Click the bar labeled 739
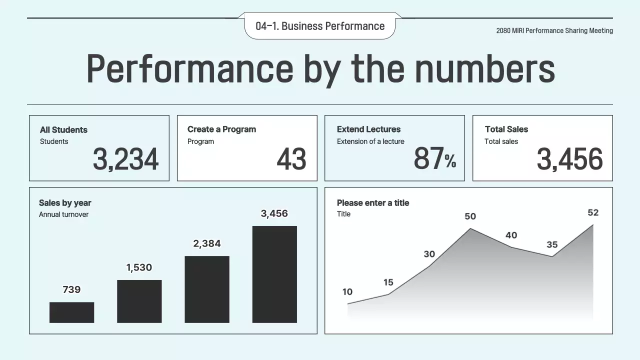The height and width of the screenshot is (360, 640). pos(71,312)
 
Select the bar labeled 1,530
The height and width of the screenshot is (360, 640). pos(139,301)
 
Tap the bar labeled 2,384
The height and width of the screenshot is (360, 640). pos(207,289)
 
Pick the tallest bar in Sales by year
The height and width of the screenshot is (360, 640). pos(274,274)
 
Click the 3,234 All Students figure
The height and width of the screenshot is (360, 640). pos(125,159)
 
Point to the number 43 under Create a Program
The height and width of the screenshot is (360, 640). pos(291,159)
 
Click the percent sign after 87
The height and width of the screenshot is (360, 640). pos(450,161)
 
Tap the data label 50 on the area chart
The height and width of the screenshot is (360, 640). pos(470,216)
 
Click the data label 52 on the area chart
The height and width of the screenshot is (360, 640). pos(593,212)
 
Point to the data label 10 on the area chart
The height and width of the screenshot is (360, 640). pos(347,292)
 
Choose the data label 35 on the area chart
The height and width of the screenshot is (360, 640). pos(552,244)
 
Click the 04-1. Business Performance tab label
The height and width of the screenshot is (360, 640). pos(320,26)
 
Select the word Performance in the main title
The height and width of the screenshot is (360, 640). pos(189,68)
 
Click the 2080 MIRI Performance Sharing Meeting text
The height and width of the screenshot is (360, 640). pos(554,30)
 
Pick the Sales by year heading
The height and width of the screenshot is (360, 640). pos(65,202)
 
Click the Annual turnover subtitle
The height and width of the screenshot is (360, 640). pos(63,214)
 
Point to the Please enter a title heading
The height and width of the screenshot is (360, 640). pos(373,202)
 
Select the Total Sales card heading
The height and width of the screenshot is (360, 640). pos(506,129)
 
